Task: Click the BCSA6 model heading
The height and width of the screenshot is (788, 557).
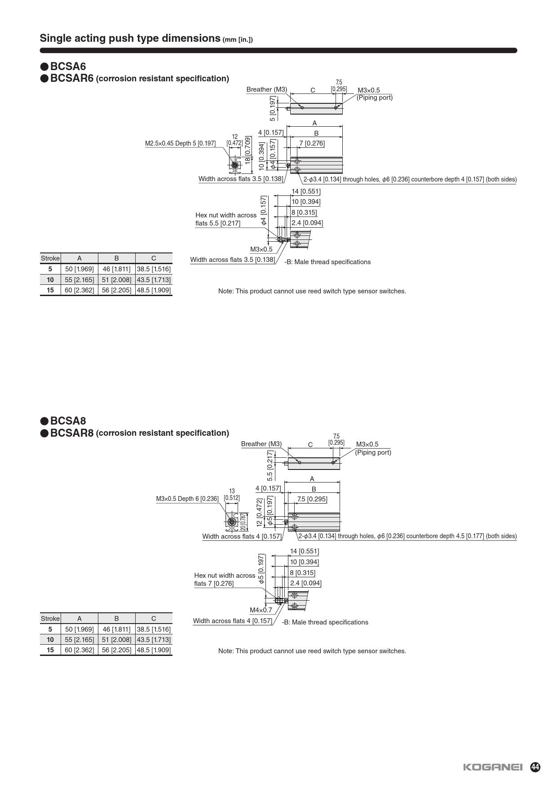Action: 68,66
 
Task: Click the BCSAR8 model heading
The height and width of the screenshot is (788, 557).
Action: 72,433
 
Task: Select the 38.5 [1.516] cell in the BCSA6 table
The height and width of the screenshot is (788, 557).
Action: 154,269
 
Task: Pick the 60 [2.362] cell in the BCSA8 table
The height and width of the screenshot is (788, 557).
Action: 80,650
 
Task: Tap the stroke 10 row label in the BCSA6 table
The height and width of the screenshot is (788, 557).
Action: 50,280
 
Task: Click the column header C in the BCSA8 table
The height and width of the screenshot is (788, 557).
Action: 154,619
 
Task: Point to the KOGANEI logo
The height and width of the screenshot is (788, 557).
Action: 493,767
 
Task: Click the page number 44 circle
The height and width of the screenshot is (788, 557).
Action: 535,767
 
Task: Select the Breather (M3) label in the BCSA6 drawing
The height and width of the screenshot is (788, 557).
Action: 266,89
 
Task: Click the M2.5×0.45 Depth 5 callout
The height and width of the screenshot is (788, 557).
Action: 180,143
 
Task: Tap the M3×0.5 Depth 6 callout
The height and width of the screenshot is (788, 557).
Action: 187,499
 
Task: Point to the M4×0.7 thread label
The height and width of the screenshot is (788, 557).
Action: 261,610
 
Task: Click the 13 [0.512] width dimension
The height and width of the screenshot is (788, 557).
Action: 232,495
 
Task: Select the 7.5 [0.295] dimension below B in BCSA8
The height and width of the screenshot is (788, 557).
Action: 312,499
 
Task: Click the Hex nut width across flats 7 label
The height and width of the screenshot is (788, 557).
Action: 225,580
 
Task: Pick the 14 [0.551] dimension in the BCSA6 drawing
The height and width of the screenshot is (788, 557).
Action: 306,191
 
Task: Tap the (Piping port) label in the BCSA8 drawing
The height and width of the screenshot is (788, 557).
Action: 373,452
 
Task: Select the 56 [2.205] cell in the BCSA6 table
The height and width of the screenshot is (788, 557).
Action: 116,290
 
